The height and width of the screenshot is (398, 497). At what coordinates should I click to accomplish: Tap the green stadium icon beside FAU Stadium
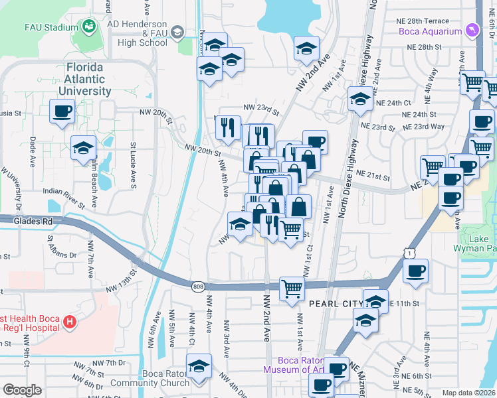pyautogui.click(x=88, y=27)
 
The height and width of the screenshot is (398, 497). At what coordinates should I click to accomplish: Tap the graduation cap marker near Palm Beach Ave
pyautogui.click(x=84, y=147)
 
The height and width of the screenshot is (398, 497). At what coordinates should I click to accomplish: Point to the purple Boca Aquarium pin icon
pyautogui.click(x=472, y=31)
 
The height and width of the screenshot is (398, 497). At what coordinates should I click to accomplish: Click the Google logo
pyautogui.click(x=22, y=389)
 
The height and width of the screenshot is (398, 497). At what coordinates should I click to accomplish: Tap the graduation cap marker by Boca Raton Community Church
pyautogui.click(x=199, y=366)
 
